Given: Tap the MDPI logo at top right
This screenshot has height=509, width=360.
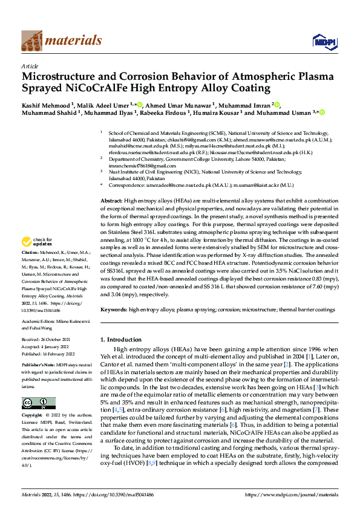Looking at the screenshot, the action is coord(323,41).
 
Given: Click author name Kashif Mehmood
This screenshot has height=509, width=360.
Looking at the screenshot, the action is coord(46,104).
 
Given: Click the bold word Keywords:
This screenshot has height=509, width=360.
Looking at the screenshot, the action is coord(113,309).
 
